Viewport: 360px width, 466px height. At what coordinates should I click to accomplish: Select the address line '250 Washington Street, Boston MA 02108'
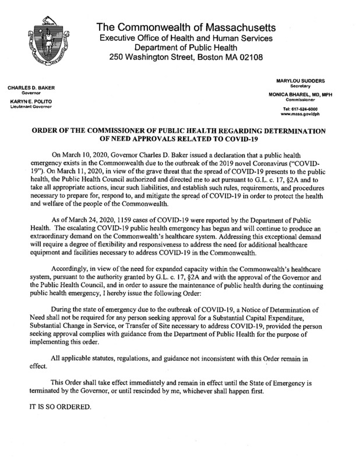(x=186, y=58)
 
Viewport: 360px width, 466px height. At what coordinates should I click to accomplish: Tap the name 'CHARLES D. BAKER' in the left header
(x=30, y=88)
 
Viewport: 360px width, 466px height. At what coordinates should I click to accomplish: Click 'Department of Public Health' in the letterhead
(x=186, y=48)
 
